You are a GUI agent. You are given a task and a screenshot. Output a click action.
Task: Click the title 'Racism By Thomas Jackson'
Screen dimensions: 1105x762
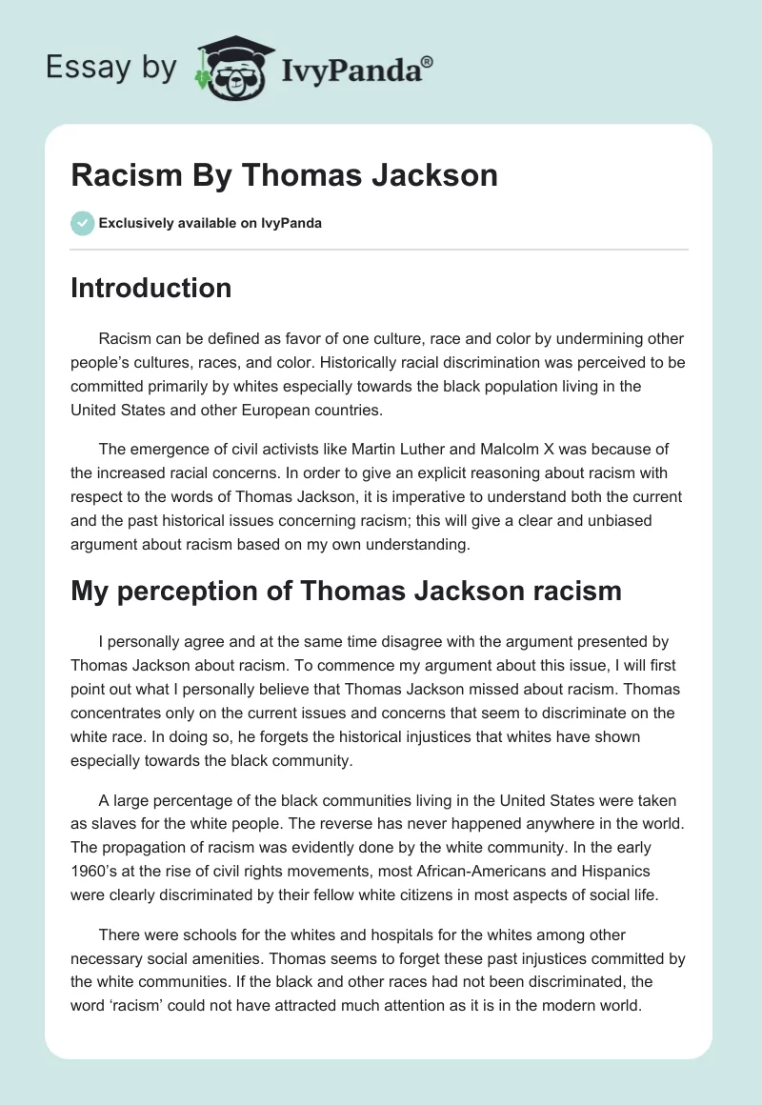(284, 175)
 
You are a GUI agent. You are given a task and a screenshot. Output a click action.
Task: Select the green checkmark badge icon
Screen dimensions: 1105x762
(82, 223)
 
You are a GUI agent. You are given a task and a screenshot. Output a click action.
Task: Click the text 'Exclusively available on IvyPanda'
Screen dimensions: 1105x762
(210, 223)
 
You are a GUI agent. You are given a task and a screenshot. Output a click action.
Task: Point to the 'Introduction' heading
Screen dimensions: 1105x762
(150, 288)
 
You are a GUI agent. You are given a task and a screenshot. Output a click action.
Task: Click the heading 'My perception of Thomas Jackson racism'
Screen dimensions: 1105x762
(346, 591)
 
